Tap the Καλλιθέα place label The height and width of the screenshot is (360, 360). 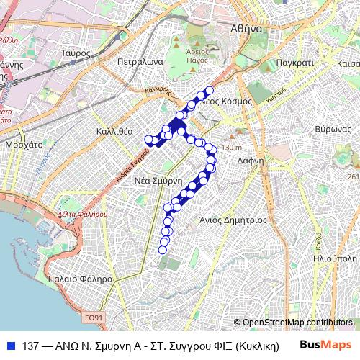click(114, 132)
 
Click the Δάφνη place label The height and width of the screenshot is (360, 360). click(251, 161)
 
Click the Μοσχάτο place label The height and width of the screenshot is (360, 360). click(24, 145)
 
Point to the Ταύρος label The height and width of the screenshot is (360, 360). click(76, 53)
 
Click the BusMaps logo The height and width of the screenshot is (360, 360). click(325, 345)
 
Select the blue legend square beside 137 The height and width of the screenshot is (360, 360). click(10, 345)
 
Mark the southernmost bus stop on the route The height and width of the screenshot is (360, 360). click(163, 250)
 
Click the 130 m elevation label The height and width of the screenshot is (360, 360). click(232, 148)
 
